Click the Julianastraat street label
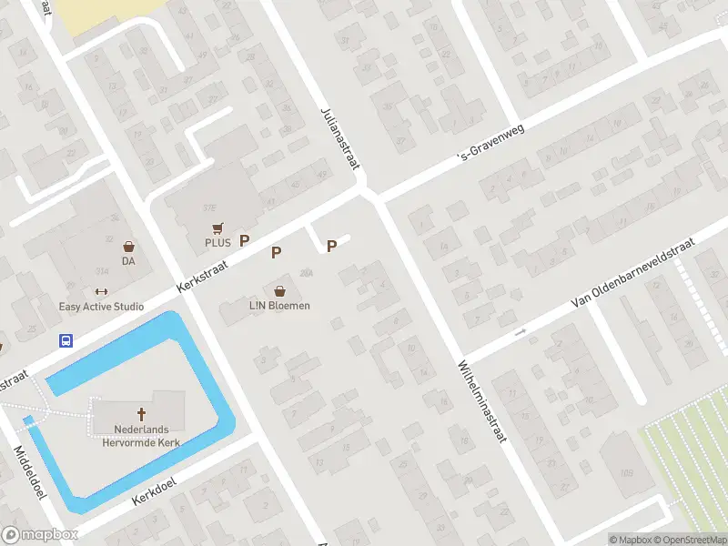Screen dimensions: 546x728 click(340, 138)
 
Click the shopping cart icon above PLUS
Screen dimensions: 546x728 click(217, 227)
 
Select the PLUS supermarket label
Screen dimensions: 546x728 click(217, 243)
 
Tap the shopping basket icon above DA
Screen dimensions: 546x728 click(129, 246)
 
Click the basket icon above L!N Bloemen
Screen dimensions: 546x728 click(279, 291)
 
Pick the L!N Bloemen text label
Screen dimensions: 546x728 click(279, 306)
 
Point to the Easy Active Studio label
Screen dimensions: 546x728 click(101, 307)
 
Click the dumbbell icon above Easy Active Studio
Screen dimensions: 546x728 click(101, 292)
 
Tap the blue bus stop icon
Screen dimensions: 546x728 click(66, 340)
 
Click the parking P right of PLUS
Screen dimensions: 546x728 click(244, 240)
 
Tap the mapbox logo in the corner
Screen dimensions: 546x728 click(40, 534)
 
